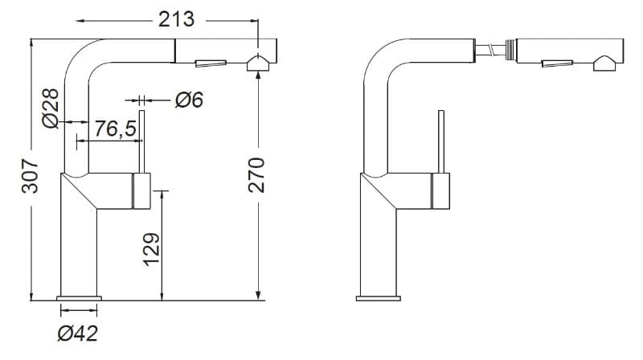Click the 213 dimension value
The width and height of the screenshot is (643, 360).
tap(176, 19)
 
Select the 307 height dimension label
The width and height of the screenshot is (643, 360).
tap(30, 176)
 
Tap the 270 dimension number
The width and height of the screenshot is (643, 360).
tap(257, 175)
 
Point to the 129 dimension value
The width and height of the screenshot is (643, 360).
tap(152, 250)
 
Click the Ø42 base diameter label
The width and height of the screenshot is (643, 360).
tap(78, 333)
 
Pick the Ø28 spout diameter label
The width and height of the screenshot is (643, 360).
tap(51, 108)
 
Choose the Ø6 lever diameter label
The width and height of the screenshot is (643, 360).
tap(190, 100)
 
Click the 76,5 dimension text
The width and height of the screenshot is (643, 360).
tap(115, 129)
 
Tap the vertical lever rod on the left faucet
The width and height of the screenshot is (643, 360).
tap(142, 141)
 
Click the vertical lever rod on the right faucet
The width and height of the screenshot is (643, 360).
tap(441, 141)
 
